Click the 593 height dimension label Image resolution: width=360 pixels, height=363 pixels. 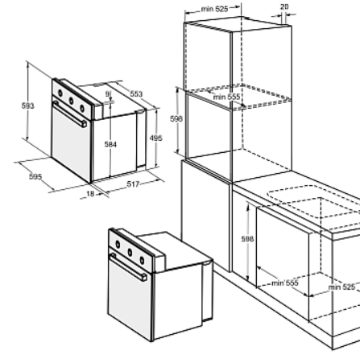click(x=28, y=106)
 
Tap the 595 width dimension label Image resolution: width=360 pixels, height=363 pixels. click(x=35, y=176)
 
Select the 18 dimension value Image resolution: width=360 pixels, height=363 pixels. click(x=90, y=194)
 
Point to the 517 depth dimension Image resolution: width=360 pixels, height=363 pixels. click(x=133, y=184)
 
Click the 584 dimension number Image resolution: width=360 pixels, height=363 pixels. click(x=110, y=144)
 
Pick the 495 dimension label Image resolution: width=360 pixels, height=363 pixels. click(x=156, y=138)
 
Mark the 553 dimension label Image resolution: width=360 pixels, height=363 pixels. click(x=136, y=94)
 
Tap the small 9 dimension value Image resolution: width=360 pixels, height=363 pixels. click(x=108, y=94)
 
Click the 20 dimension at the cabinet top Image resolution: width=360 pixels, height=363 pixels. click(x=284, y=6)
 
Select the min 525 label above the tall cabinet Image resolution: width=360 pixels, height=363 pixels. click(x=214, y=9)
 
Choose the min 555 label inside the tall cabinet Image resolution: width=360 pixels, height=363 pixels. click(x=226, y=97)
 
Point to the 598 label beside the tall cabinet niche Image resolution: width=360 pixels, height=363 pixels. click(x=176, y=118)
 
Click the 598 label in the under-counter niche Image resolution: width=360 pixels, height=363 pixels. click(x=247, y=239)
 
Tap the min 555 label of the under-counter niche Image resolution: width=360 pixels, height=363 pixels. click(x=285, y=283)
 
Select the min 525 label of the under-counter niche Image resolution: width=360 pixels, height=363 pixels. click(x=341, y=287)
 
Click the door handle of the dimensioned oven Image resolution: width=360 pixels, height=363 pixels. click(x=70, y=113)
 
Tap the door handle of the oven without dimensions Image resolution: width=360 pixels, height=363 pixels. click(x=129, y=266)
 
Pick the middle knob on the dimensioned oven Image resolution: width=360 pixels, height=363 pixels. click(x=71, y=101)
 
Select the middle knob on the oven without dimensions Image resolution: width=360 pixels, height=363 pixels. click(x=130, y=252)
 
